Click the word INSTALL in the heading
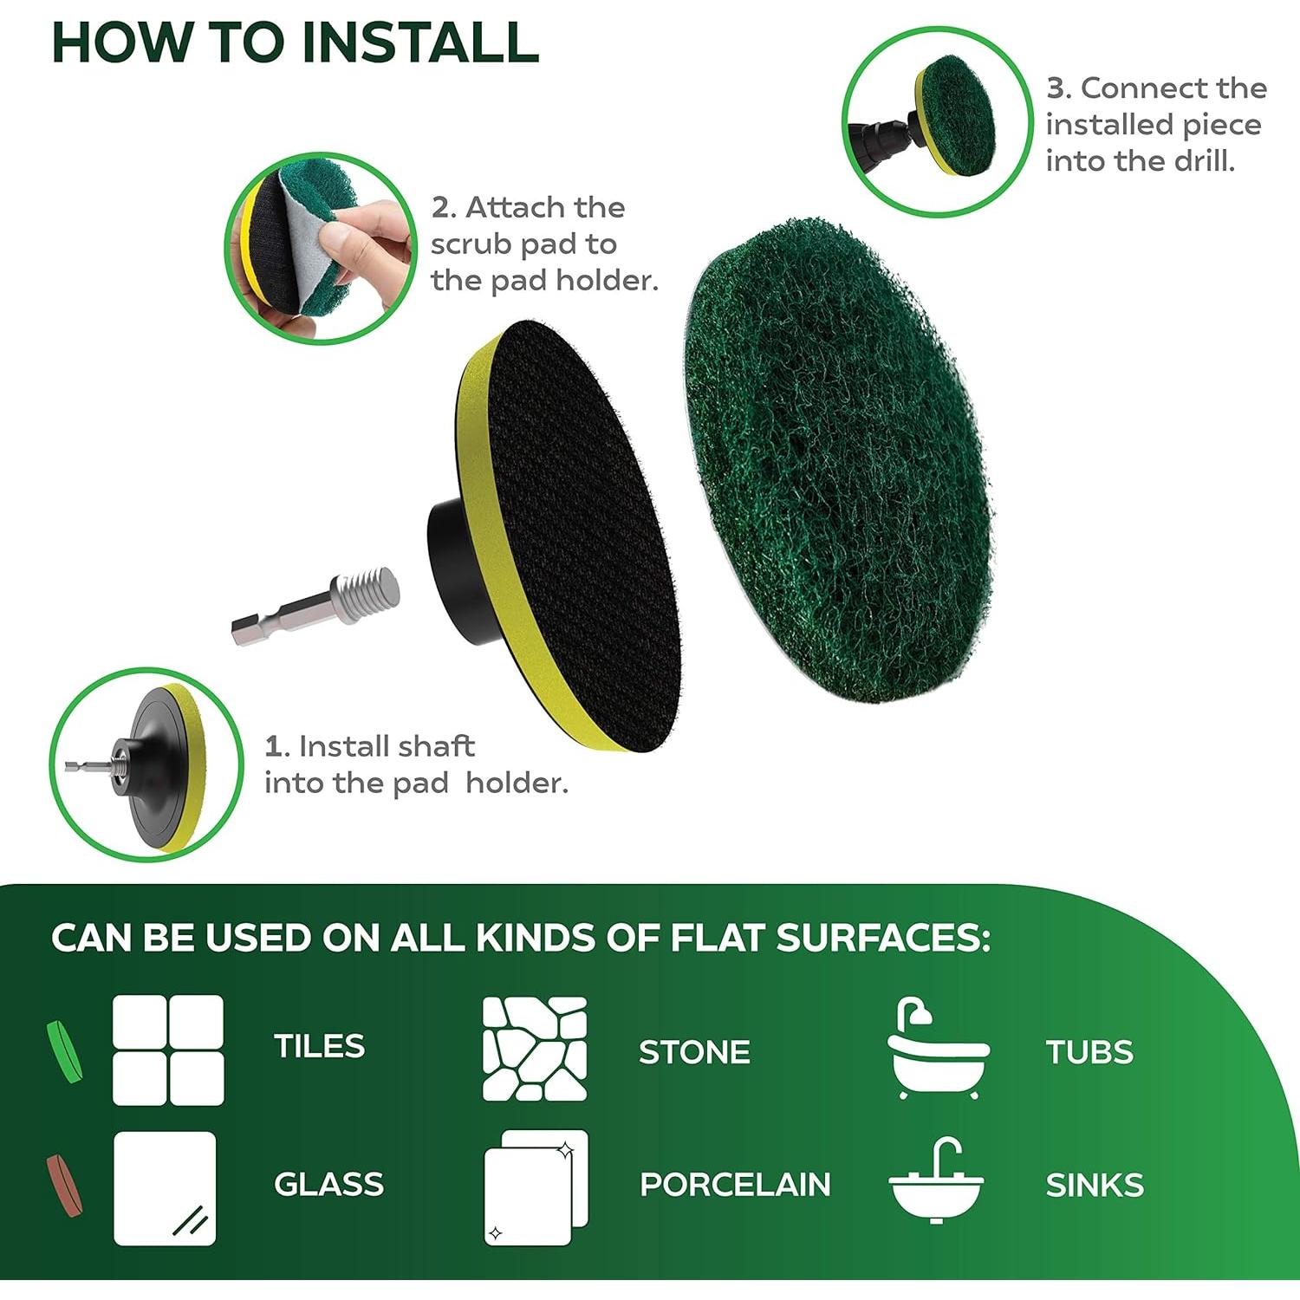point(419,42)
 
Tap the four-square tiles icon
point(168,1050)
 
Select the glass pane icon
point(165,1188)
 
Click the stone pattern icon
point(534,1049)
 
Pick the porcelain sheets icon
point(536,1187)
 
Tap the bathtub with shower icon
point(938,1049)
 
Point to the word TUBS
point(1089,1052)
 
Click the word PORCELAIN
point(735,1185)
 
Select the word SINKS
point(1095,1185)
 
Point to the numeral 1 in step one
point(273,746)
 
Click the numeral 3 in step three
point(1055,88)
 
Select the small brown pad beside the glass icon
point(64,1185)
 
